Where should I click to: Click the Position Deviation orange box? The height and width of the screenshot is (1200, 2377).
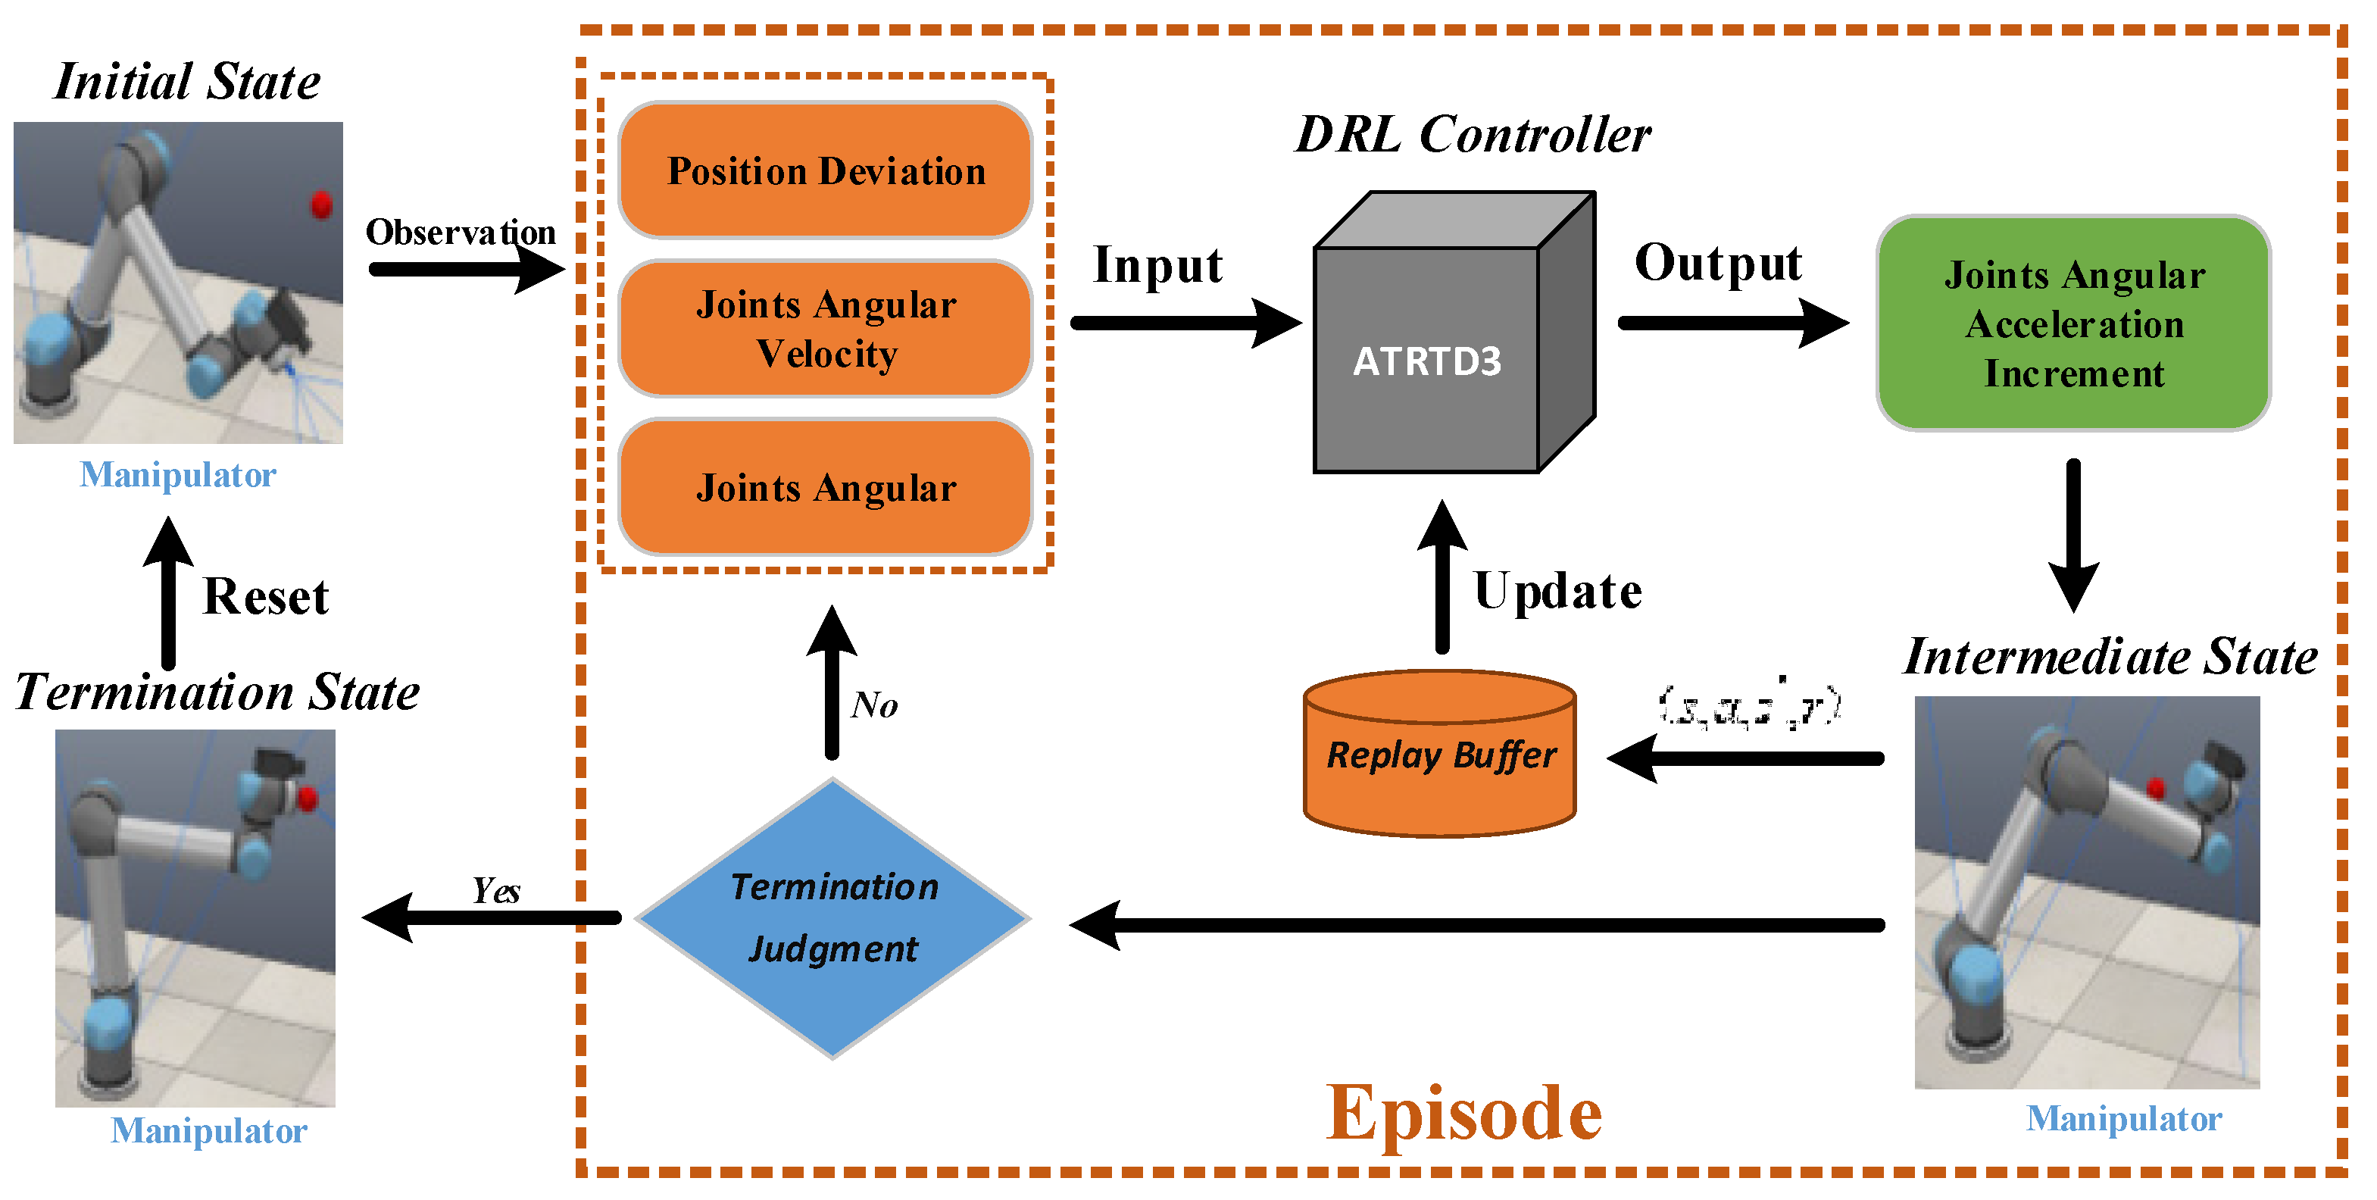coord(825,170)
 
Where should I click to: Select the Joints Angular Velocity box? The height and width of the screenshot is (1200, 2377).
coord(825,329)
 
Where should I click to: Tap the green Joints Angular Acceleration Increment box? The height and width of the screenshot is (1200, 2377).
coord(2072,324)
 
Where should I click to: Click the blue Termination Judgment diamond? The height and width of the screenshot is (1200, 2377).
coord(832,917)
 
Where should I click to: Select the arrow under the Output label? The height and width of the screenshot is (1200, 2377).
coord(1731,323)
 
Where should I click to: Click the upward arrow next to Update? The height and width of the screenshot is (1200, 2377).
coord(1442,577)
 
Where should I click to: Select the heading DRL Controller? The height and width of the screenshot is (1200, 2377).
coord(1473,135)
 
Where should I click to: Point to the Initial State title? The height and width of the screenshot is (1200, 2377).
coord(187,81)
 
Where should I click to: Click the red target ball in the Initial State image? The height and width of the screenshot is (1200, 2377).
coord(321,204)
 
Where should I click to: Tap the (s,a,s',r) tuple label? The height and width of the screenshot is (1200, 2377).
coord(1748,707)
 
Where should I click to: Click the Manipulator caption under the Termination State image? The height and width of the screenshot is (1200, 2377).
coord(208,1131)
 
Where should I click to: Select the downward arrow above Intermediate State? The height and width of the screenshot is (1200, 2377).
coord(2073,536)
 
